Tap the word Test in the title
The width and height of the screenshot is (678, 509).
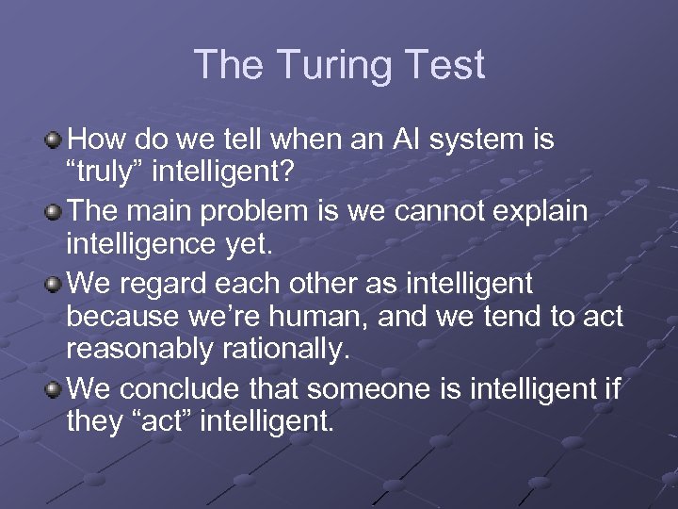[447, 65]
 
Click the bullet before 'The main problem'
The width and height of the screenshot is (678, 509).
[56, 212]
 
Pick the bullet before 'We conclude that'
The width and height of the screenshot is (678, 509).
[56, 387]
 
